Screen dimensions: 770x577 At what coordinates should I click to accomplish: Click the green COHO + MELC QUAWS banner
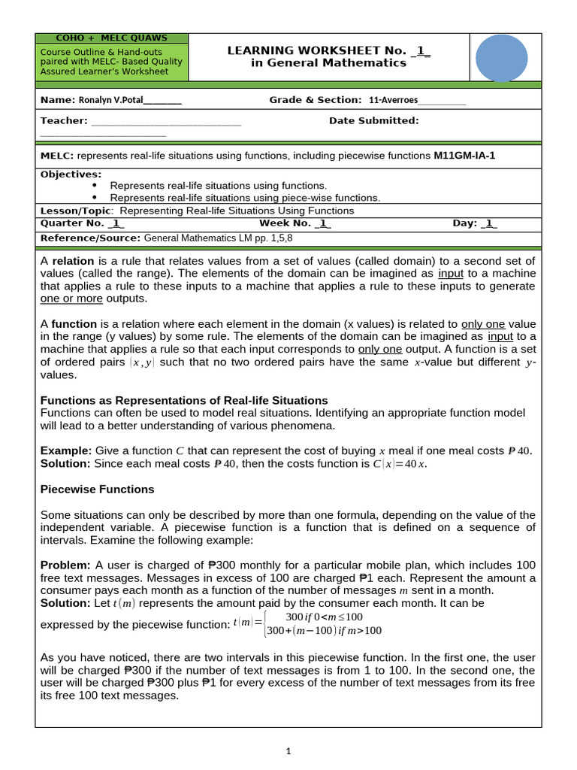(x=112, y=38)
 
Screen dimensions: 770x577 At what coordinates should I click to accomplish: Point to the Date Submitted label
(x=373, y=120)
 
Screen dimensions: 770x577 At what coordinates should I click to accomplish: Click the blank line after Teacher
(x=166, y=121)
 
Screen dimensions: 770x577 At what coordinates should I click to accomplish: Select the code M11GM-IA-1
(x=464, y=156)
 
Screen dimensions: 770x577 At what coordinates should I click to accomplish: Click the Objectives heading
(x=71, y=174)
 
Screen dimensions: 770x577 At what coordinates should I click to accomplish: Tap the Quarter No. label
(x=72, y=223)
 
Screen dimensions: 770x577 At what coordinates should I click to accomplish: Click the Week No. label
(x=285, y=223)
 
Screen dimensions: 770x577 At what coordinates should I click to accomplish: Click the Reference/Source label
(x=90, y=238)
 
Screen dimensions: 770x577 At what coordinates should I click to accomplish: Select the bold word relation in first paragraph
(x=73, y=260)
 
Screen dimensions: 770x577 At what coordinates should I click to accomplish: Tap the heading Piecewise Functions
(x=96, y=489)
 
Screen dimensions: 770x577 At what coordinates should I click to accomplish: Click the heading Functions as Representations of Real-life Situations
(x=183, y=400)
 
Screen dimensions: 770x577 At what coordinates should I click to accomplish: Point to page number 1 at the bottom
(x=288, y=750)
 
